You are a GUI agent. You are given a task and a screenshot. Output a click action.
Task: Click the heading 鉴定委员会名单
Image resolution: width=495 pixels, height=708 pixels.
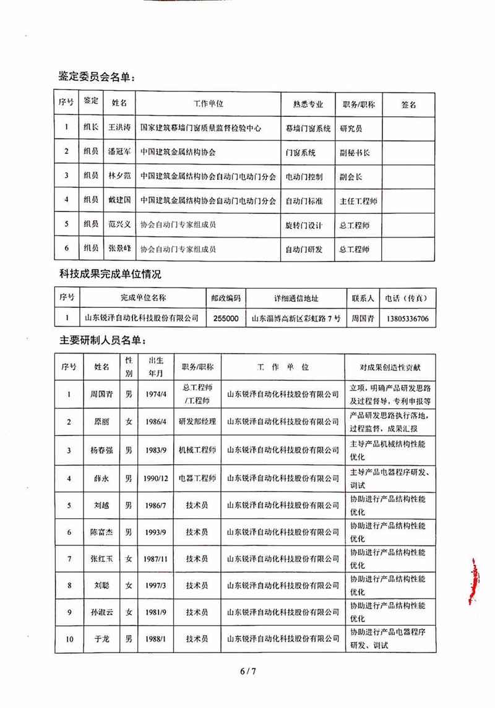pos(95,77)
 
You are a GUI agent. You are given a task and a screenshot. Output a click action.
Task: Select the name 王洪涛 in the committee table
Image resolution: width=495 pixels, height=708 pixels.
pos(119,128)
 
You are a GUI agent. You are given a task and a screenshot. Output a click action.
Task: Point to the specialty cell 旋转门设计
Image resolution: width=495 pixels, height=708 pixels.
pos(303,224)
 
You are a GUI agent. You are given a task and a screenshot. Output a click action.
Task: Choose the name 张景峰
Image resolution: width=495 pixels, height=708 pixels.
pos(119,249)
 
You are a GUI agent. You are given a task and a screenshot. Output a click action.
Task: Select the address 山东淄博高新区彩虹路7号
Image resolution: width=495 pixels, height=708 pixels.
pos(296,319)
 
